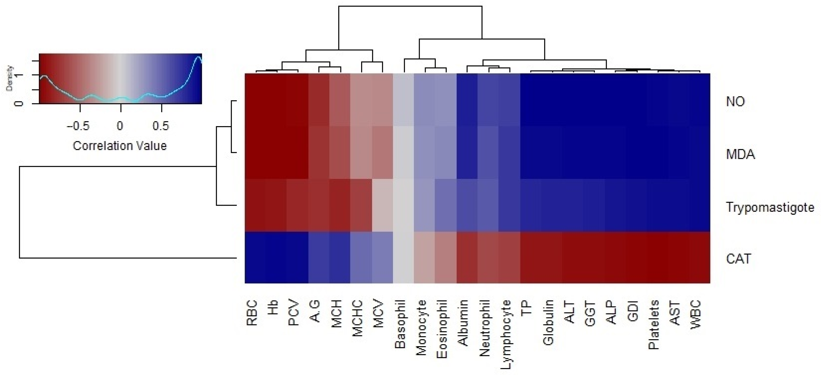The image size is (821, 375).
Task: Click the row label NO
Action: pyautogui.click(x=735, y=102)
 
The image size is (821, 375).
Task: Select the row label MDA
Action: pyautogui.click(x=740, y=154)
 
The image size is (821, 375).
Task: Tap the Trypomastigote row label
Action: pyautogui.click(x=770, y=207)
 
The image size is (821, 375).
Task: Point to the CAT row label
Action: pyautogui.click(x=738, y=259)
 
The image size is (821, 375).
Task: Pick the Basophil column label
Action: pyautogui.click(x=400, y=324)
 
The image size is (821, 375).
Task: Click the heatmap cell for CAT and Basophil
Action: pyautogui.click(x=404, y=258)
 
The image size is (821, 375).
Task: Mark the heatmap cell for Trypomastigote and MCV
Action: pyautogui.click(x=382, y=205)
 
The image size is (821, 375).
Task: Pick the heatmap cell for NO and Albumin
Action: pyautogui.click(x=467, y=100)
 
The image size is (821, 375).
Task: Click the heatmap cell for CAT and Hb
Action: pyautogui.click(x=276, y=258)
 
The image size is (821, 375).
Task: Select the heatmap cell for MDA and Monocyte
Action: pyautogui.click(x=425, y=153)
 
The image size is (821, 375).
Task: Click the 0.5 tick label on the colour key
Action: pyautogui.click(x=160, y=126)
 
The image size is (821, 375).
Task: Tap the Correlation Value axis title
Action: pyautogui.click(x=120, y=146)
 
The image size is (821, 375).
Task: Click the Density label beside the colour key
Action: pyautogui.click(x=10, y=79)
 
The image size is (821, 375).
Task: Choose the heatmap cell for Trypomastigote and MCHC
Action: pyautogui.click(x=361, y=205)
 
